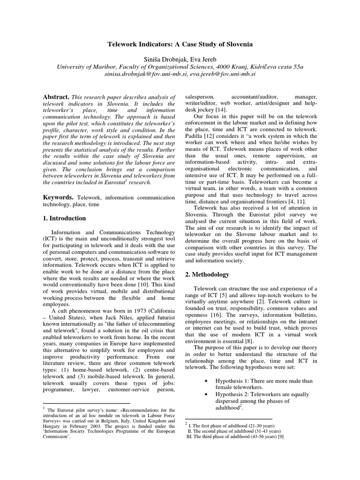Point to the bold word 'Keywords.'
tap(58, 198)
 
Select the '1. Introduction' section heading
tap(64, 218)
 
